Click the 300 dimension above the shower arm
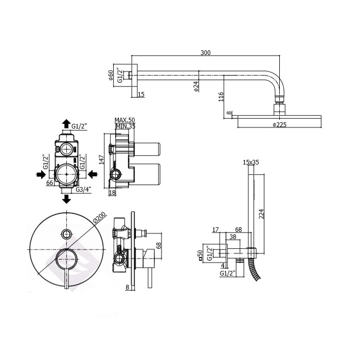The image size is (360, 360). coord(206,53)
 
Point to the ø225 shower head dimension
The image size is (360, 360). coord(280,124)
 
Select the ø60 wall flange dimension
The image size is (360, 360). coord(111,75)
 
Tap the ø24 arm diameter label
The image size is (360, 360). coord(196,86)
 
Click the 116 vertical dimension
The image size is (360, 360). coord(221,97)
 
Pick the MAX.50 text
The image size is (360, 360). coord(124,120)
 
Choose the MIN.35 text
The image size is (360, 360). coord(125,126)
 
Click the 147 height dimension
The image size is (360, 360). coord(101,159)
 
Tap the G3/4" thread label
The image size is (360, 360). coord(83,190)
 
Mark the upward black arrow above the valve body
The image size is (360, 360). coord(66,124)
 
